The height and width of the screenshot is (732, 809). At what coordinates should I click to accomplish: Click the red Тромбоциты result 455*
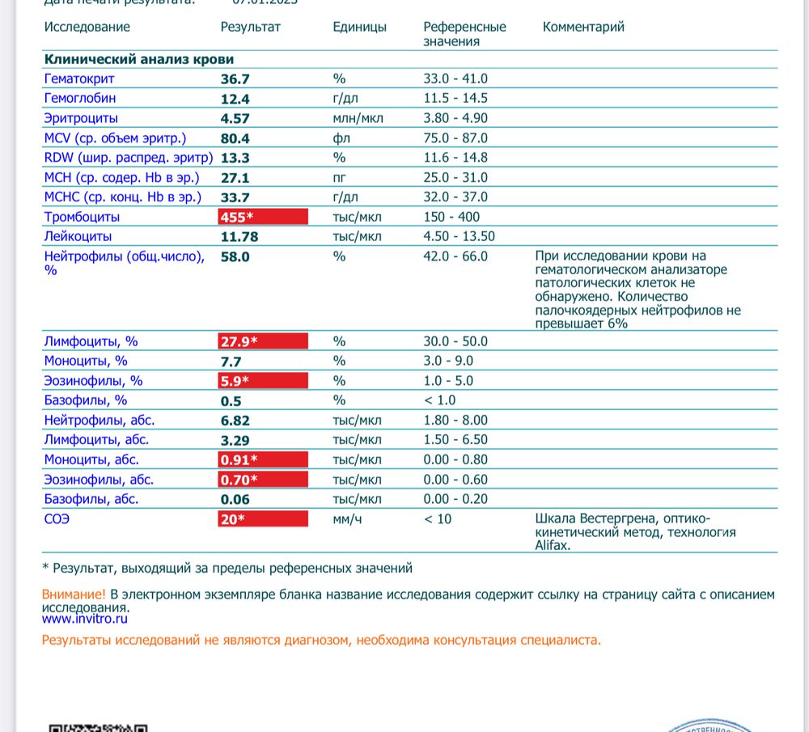262,217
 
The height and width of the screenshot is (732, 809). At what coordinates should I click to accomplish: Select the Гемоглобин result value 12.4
235,99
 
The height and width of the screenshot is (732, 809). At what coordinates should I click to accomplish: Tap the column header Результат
250,27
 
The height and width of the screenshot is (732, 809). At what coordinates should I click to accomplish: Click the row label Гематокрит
79,78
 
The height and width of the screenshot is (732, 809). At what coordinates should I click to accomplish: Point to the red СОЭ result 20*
262,519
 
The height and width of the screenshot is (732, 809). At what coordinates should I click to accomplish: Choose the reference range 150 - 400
451,217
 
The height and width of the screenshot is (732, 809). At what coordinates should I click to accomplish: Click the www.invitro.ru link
85,619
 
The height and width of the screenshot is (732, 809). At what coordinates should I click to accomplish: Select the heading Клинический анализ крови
138,59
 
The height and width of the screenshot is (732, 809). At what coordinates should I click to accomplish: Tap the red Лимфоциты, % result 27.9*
262,341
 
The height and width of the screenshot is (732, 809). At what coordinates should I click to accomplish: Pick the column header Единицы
359,27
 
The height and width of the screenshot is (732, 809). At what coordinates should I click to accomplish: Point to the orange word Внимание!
74,594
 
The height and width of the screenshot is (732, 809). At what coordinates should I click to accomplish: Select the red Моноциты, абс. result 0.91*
262,460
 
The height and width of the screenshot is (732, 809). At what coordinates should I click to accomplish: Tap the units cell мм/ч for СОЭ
347,519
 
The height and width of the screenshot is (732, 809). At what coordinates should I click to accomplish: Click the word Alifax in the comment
553,546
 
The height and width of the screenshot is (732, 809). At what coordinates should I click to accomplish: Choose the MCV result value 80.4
235,138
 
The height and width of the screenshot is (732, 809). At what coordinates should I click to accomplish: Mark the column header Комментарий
583,27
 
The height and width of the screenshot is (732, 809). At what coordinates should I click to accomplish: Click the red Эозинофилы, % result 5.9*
262,381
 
